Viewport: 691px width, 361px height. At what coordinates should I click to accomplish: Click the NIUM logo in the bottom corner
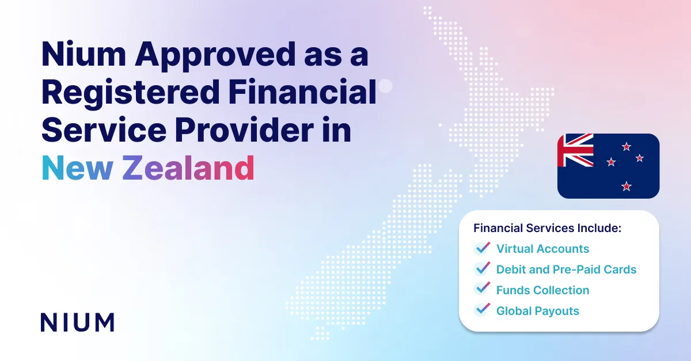(77, 322)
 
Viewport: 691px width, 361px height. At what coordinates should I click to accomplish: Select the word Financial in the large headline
(302, 92)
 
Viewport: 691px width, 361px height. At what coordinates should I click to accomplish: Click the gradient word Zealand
(188, 168)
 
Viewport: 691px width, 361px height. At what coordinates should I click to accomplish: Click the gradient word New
(77, 168)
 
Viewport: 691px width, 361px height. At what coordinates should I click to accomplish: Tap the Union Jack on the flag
(575, 150)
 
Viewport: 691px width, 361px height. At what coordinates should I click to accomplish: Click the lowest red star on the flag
(627, 187)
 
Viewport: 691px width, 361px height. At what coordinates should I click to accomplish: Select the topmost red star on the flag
(627, 146)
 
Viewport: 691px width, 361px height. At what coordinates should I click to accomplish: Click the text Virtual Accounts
(542, 249)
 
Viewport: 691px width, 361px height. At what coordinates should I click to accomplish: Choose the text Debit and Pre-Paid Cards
(566, 269)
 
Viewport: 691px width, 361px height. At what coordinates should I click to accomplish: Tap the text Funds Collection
(542, 290)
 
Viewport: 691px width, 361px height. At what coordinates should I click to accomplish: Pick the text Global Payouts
(538, 311)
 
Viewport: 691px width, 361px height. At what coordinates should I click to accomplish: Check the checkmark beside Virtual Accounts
(482, 248)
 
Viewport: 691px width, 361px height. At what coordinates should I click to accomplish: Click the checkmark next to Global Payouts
(482, 310)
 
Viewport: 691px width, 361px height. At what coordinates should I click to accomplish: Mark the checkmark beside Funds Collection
(482, 288)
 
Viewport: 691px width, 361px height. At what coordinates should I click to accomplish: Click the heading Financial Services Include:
(547, 228)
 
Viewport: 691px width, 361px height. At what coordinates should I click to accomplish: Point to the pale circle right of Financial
(385, 86)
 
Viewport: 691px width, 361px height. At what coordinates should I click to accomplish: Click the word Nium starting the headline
(83, 54)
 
